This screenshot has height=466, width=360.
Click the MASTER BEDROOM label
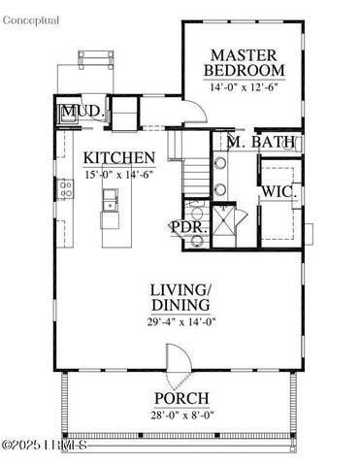point(245,62)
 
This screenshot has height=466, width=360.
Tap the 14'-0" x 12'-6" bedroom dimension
point(245,87)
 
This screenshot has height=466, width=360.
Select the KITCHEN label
point(118,157)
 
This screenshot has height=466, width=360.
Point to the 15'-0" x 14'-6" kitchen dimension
point(118,175)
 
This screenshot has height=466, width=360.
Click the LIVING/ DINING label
point(180,298)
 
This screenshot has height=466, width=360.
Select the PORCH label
point(181,398)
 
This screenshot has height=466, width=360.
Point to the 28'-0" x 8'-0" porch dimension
point(181,415)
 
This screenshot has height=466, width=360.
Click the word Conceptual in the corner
point(30,20)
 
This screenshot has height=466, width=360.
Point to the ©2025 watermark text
point(44,446)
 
